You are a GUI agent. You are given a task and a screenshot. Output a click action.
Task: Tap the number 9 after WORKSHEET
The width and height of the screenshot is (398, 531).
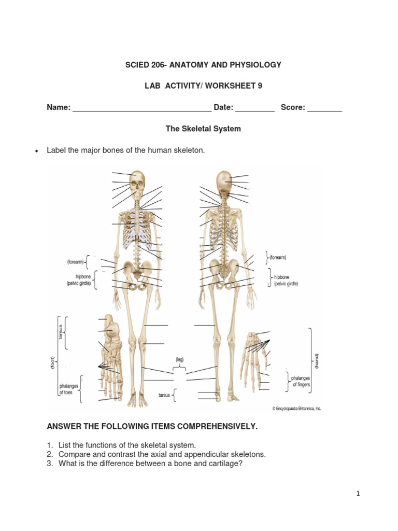point(260,86)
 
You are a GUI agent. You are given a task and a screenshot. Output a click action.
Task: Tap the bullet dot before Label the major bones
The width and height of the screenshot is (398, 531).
point(36,151)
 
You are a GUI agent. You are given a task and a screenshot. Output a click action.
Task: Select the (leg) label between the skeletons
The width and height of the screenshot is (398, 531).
point(179,359)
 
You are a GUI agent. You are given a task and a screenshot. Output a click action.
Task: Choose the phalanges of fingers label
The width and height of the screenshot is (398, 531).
point(302,382)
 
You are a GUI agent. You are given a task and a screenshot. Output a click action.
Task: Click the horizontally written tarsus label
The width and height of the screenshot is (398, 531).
point(164,395)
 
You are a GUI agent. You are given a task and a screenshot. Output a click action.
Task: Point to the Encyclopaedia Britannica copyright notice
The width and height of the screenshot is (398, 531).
point(296,409)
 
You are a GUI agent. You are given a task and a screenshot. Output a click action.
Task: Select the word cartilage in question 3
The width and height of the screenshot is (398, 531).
point(224,464)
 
